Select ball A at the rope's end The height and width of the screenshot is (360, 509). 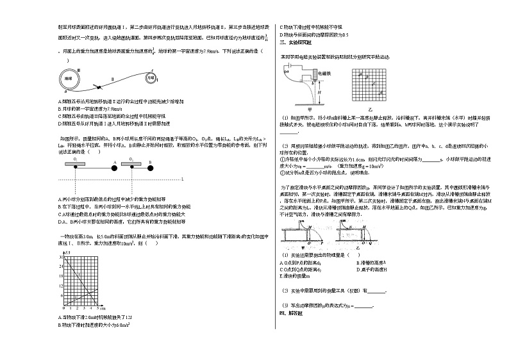114,170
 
